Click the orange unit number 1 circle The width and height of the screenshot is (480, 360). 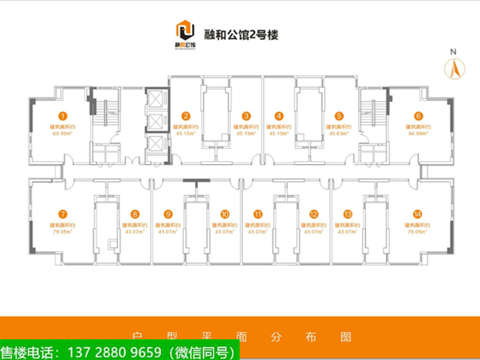[64, 116]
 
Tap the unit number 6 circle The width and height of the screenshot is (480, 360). [418, 116]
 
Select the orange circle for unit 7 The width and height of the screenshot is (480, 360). [64, 214]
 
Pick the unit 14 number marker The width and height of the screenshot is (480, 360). [418, 214]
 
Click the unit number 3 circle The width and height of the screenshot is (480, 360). [247, 116]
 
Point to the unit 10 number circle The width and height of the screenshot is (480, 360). [224, 214]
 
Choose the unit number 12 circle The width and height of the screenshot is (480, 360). [314, 214]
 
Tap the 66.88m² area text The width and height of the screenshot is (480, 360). [418, 134]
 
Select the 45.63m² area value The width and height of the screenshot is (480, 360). [338, 134]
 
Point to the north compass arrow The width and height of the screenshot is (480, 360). [455, 69]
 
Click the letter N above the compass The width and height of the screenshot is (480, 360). [455, 52]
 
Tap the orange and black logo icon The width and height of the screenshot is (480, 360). [185, 31]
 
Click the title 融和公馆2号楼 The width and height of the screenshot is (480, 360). [240, 33]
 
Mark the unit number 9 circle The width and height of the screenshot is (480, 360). [168, 214]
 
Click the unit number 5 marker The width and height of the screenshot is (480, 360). [338, 116]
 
